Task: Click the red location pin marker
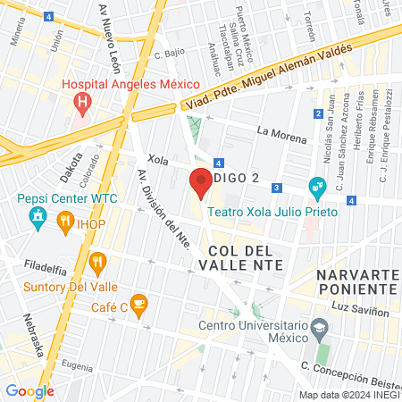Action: pyautogui.click(x=200, y=183)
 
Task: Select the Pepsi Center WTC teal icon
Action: pyautogui.click(x=37, y=216)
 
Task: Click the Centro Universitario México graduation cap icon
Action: pyautogui.click(x=319, y=330)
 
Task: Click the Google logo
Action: pyautogui.click(x=29, y=390)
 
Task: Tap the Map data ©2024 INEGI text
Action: pyautogui.click(x=348, y=395)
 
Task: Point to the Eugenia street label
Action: pyautogui.click(x=77, y=366)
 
